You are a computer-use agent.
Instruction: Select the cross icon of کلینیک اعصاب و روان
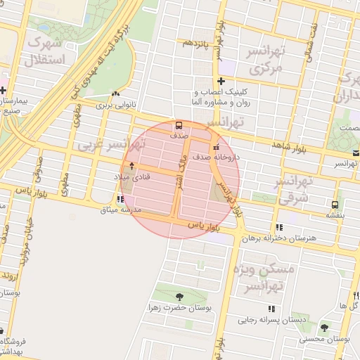click(x=221, y=81)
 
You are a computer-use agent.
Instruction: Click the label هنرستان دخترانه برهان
click(x=276, y=238)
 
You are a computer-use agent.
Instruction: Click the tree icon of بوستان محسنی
click(x=324, y=328)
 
